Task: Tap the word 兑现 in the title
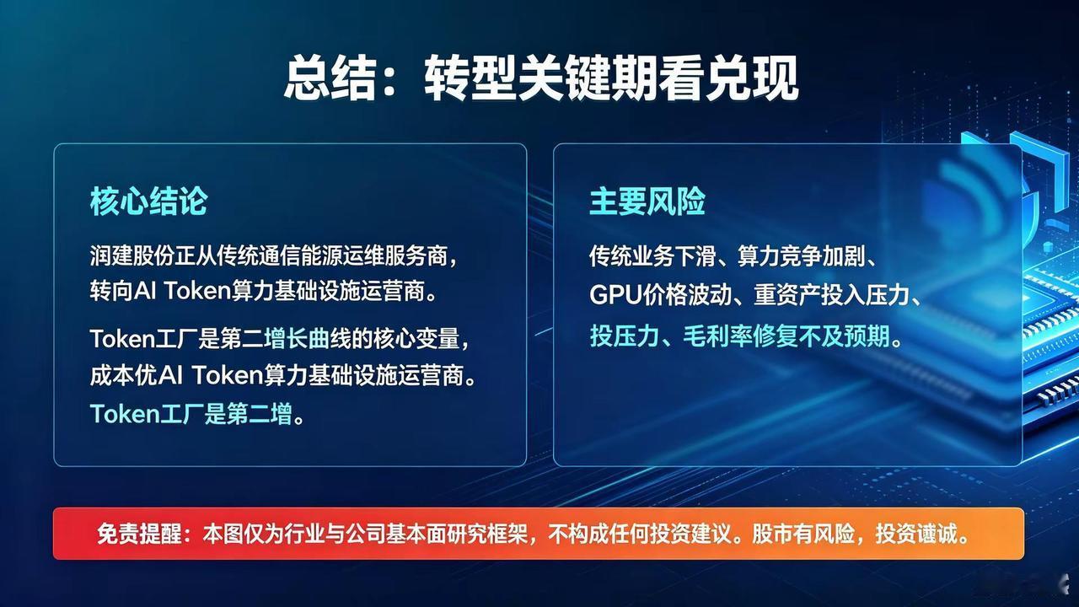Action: click(752, 78)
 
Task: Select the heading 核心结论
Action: click(148, 201)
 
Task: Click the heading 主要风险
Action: click(647, 201)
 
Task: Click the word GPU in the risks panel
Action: click(615, 295)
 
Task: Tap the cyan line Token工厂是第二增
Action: click(191, 413)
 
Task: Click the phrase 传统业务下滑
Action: click(652, 255)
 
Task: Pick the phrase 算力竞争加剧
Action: click(801, 255)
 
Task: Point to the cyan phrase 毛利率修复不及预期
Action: click(786, 336)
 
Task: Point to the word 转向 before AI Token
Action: click(110, 291)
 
